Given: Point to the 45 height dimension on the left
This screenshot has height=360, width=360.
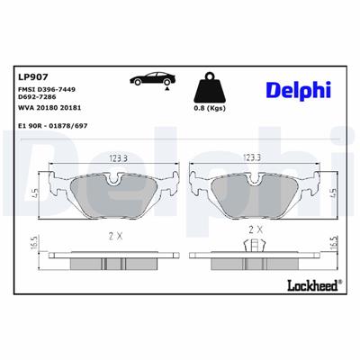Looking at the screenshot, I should click(34, 192).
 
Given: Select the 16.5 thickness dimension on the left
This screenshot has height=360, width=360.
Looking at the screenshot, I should click(33, 244).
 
